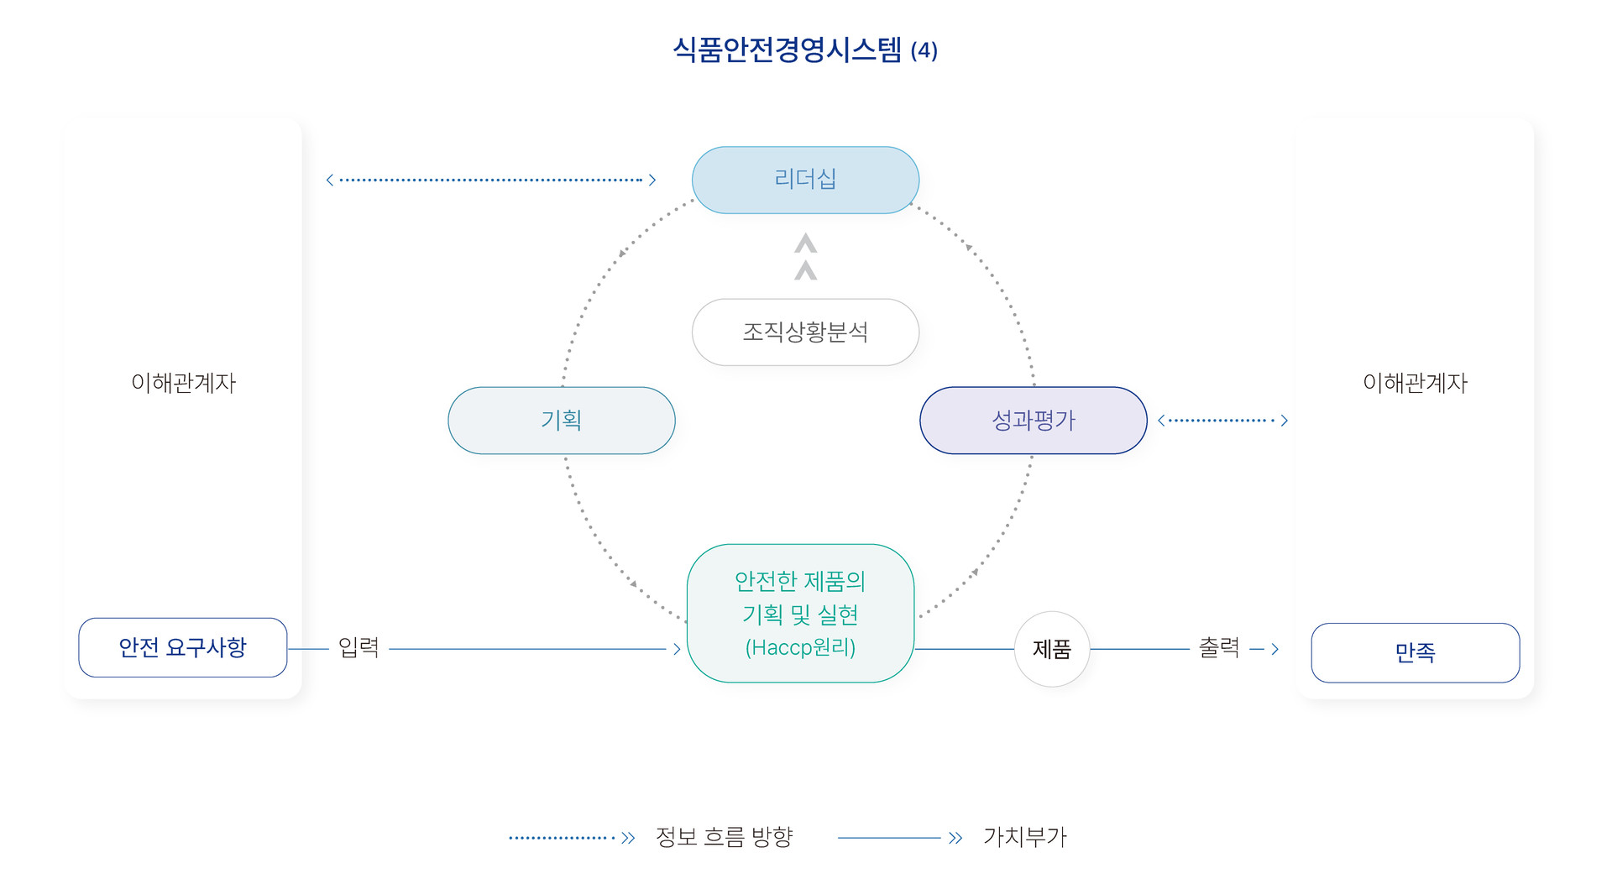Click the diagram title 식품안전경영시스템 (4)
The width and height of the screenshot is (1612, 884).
(804, 50)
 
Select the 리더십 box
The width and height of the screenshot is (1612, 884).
(805, 180)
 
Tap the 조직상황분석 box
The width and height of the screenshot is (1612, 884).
(805, 332)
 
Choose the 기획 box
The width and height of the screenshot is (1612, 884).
(561, 420)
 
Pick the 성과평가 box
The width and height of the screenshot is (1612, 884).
(1033, 420)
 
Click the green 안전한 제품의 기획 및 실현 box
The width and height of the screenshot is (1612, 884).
(800, 614)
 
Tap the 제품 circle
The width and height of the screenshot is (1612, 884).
(1051, 649)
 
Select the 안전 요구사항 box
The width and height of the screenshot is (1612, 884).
(182, 647)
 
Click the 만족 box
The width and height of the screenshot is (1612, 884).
(1415, 652)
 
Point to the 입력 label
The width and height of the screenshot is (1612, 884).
(359, 647)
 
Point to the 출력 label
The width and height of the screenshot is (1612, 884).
(1219, 647)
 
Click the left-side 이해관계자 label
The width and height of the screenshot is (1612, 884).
(183, 383)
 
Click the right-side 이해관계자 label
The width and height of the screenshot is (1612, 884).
(1415, 383)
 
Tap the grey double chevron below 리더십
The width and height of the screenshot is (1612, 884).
(805, 257)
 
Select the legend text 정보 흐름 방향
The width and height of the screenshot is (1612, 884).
(724, 837)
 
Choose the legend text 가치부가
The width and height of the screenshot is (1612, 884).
(1024, 837)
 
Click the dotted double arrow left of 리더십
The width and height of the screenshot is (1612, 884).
(490, 180)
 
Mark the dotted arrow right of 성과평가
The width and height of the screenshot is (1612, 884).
(1222, 420)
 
